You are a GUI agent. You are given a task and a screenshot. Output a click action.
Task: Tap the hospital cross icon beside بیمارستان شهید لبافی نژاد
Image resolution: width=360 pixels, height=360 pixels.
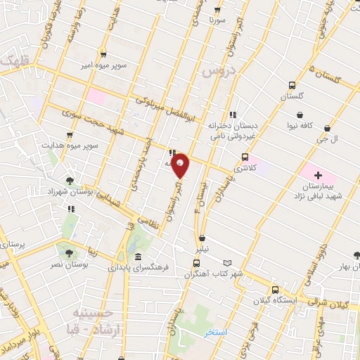point(317,175)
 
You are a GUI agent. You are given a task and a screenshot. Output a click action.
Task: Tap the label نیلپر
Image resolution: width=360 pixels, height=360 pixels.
point(202,249)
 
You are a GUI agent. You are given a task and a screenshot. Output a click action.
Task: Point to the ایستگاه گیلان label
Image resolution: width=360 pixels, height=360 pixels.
point(274,300)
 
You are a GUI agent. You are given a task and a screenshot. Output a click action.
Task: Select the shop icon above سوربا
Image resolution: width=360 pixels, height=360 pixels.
point(217,10)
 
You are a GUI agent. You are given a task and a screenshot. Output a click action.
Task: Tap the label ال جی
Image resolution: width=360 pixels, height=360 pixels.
point(328,139)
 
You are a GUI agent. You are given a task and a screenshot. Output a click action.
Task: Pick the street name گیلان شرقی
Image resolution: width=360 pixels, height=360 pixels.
point(334,304)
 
